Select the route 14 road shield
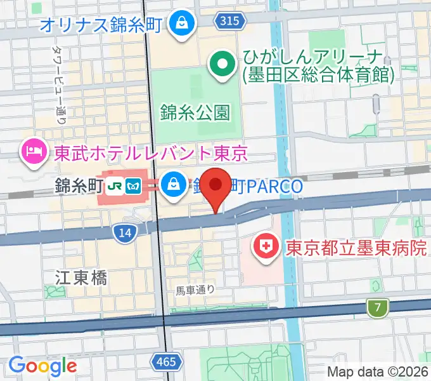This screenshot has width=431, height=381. pos(125,233)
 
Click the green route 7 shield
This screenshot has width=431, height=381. pos(378,309)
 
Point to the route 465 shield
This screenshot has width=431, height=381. pos(164,362)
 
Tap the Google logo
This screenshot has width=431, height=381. pos(42,366)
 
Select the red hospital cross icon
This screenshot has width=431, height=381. pos(266,246)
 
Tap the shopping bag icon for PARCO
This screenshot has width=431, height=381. pos(172,185)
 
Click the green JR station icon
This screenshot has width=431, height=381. pos(114,186)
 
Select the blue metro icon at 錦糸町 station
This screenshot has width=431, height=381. pos(133,186)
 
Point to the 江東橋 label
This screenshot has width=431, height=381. pos(81,277)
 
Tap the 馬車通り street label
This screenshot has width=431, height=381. pos(196,290)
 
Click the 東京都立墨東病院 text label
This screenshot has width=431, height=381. pos(356,247)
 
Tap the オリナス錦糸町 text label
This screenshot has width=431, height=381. pos(101,25)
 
